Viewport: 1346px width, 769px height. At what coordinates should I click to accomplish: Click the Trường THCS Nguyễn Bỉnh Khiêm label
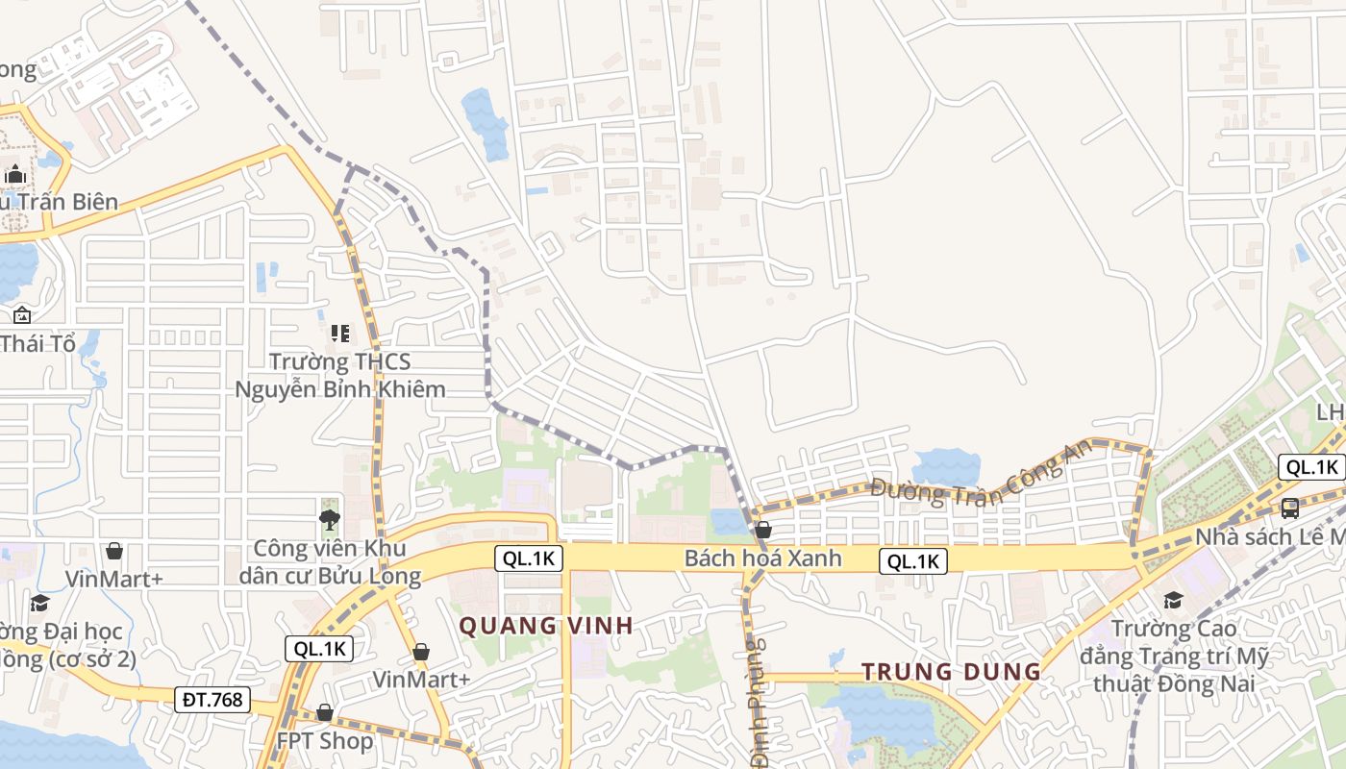pos(340,375)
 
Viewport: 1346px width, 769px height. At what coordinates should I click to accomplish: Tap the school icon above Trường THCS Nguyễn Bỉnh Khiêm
pos(339,334)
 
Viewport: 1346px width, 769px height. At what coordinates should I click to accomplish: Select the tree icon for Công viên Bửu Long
pos(330,521)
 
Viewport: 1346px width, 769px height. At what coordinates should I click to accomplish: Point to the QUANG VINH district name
pos(545,626)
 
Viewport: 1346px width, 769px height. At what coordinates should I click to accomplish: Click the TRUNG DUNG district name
pos(951,671)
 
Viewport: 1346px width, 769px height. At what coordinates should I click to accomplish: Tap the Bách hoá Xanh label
pos(762,558)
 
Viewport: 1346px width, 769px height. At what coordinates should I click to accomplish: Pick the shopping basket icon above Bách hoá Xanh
pos(763,530)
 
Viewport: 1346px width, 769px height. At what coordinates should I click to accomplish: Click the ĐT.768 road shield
pos(212,699)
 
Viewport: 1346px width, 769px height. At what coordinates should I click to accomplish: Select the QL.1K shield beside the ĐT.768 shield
pos(320,649)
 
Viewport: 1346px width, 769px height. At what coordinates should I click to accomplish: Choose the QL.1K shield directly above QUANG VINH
pos(529,558)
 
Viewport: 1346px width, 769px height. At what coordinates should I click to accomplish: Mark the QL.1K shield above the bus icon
pos(1311,468)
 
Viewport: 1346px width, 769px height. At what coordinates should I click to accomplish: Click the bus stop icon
pos(1290,508)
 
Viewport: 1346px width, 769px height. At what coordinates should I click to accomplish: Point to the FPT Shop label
pos(324,741)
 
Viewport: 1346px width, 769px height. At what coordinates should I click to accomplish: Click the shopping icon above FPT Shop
pos(325,712)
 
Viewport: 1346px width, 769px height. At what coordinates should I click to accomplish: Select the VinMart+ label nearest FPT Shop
pos(421,680)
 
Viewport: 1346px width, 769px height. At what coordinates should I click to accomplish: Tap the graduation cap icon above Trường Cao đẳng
pos(1173,601)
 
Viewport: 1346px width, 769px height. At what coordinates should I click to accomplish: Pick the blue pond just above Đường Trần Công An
pos(946,467)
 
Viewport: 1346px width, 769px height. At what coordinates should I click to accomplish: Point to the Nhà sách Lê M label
pos(1269,536)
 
